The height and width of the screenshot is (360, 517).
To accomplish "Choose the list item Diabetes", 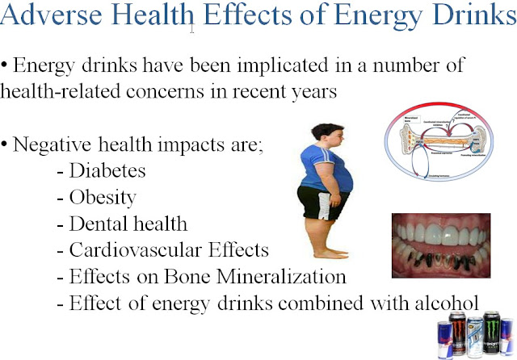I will pyautogui.click(x=108, y=172).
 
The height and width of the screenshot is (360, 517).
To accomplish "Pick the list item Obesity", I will pyautogui.click(x=103, y=197).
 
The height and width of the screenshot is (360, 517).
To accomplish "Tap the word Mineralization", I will pyautogui.click(x=287, y=276).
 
